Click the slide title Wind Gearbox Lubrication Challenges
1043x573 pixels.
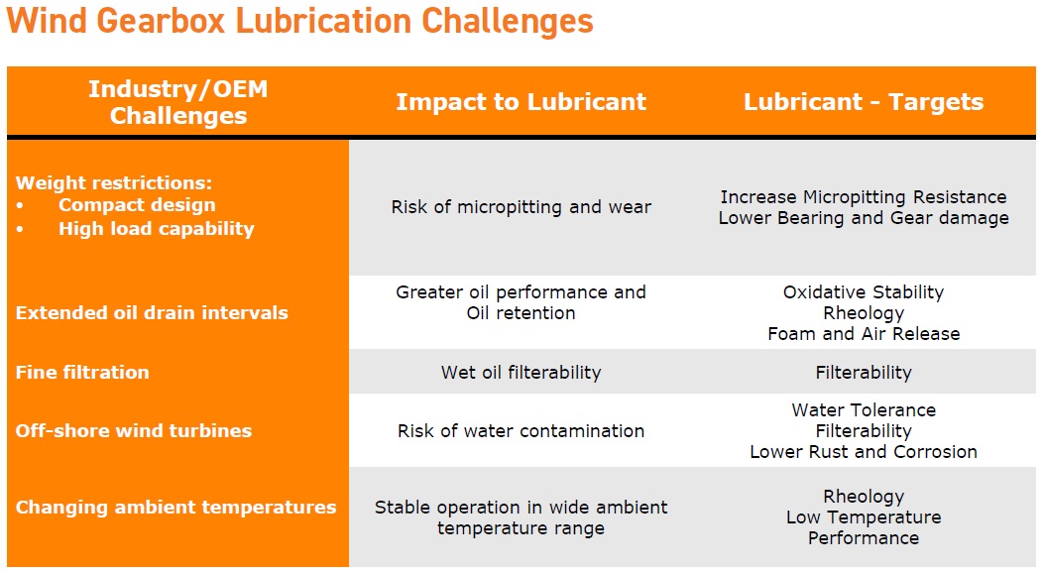pos(299,21)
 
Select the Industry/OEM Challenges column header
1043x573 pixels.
pos(178,102)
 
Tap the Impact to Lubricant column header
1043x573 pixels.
pos(521,102)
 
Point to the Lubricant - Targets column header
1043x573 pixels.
pos(864,102)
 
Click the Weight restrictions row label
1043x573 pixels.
pos(114,182)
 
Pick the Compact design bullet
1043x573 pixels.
pos(137,205)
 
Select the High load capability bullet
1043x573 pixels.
pos(157,229)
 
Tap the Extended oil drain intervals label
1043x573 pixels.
pos(152,312)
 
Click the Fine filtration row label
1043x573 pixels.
pos(82,372)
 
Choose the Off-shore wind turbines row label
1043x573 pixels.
pos(134,431)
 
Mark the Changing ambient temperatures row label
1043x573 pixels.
pos(175,508)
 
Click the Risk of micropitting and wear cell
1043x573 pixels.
pos(521,207)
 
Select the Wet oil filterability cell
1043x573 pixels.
pos(521,372)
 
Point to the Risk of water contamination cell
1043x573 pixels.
pos(521,431)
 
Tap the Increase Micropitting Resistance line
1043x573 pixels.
pos(864,196)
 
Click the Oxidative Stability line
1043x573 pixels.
pos(864,291)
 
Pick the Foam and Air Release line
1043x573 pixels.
pos(864,333)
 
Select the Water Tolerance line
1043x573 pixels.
pos(864,409)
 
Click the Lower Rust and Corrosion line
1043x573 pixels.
pos(864,451)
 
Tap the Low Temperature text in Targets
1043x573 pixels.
pos(864,517)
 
